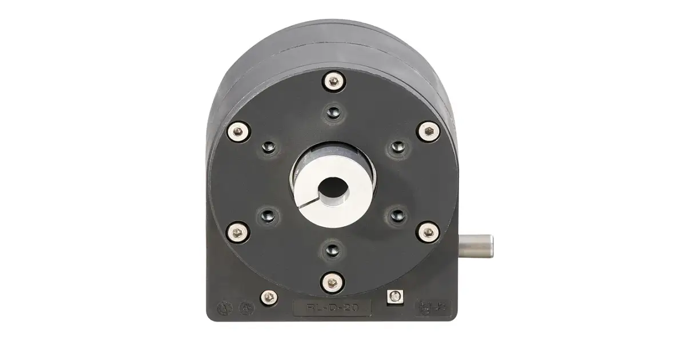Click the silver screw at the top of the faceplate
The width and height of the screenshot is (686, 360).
[x=332, y=82]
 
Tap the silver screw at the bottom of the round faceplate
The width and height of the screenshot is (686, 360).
[x=332, y=281]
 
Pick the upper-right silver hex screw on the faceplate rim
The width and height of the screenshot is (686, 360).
[x=428, y=132]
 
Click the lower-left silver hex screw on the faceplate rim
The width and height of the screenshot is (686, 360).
[x=237, y=232]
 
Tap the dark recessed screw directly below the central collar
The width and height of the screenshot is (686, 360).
[x=332, y=250]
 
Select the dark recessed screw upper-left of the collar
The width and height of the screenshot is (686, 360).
[x=269, y=148]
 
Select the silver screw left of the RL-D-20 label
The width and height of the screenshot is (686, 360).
[x=269, y=297]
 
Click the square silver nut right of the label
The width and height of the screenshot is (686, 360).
[x=393, y=296]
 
